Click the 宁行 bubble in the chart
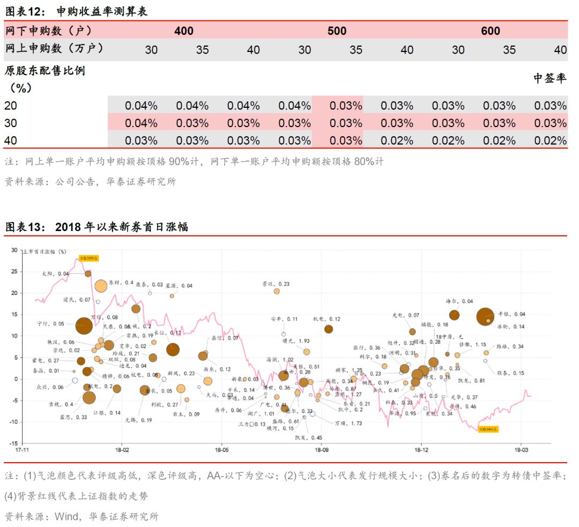(83, 325)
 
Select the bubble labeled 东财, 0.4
(101, 286)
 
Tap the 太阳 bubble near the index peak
(88, 273)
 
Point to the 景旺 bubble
(277, 291)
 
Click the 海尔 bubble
(454, 315)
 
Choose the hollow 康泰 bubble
(150, 293)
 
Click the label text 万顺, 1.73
(348, 423)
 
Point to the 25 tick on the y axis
(14, 271)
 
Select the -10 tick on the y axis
(13, 422)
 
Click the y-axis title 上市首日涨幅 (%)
(45, 251)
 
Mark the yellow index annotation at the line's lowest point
(488, 429)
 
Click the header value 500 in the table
(337, 31)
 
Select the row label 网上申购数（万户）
(54, 48)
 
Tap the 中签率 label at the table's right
(550, 78)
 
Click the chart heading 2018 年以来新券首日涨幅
(121, 227)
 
